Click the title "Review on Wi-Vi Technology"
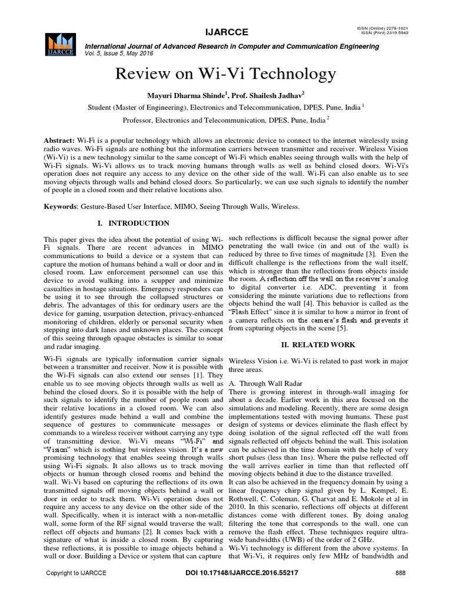pos(226,74)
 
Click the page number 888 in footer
pos(400,573)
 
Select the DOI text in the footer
pos(226,573)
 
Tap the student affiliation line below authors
pos(226,108)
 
